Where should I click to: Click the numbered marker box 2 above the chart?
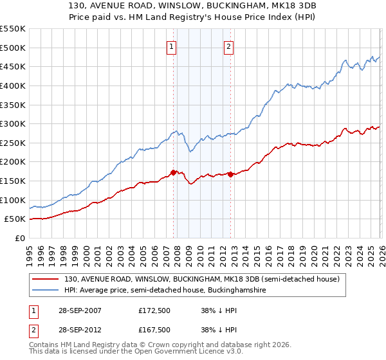click(229, 46)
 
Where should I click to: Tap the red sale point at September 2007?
click(173, 172)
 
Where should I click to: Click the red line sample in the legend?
click(46, 280)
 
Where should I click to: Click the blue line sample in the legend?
click(46, 291)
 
